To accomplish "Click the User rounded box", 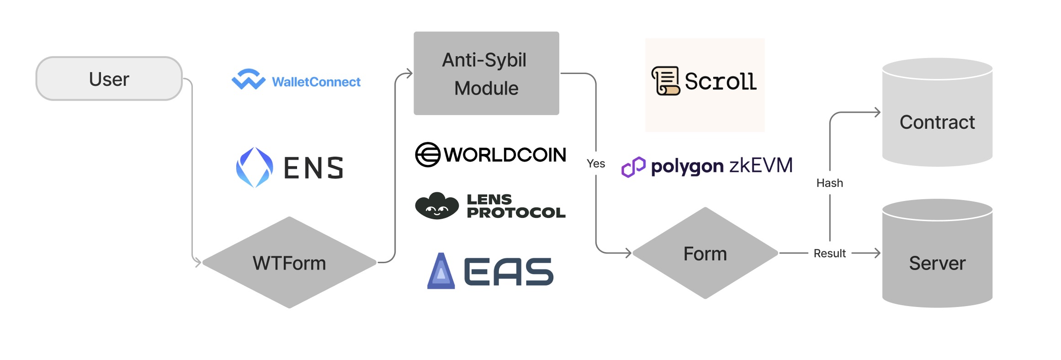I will click(109, 79).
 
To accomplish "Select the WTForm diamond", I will click(289, 263).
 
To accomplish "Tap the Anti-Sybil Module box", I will click(486, 73).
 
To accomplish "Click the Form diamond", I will click(705, 253).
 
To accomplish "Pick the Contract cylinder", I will click(937, 122).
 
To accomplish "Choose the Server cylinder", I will click(937, 263).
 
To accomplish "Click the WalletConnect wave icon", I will click(248, 79).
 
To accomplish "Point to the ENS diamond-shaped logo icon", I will click(255, 167).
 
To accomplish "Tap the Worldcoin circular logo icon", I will click(428, 154).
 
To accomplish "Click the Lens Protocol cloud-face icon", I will click(436, 206).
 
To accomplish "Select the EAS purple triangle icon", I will click(441, 271).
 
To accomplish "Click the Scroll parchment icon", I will click(666, 81).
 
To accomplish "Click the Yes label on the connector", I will click(595, 164).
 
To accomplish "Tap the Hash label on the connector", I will click(829, 183).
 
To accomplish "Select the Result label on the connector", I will click(829, 253).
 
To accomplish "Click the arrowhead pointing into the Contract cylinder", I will click(877, 112).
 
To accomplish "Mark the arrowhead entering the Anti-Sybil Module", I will click(409, 73).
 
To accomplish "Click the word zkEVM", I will click(760, 165).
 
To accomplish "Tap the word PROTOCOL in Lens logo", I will click(516, 212).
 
